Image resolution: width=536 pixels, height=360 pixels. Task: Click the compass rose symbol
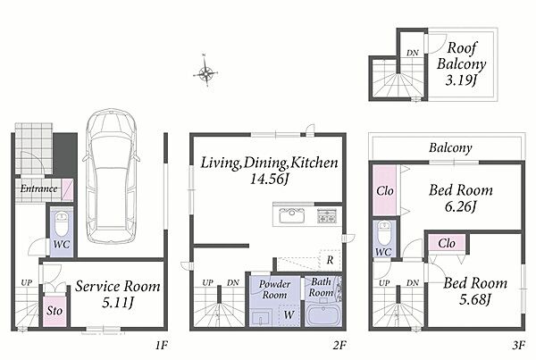pos(205,72)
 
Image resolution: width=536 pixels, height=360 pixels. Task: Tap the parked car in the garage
pos(111,176)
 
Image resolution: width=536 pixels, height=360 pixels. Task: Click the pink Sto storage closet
pos(54,311)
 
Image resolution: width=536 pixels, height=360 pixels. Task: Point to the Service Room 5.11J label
pos(118,294)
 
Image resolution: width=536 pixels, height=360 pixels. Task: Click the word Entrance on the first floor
pos(38,188)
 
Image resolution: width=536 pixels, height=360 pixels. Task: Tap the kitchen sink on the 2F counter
pos(291,215)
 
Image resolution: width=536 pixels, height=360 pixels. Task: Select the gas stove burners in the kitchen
pos(327,215)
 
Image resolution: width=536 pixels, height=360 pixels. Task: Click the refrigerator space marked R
pos(330,260)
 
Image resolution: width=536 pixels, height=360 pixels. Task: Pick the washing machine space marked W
pos(289,314)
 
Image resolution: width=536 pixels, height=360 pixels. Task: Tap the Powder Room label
pos(274,289)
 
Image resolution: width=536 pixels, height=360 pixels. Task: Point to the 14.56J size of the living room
pos(270,179)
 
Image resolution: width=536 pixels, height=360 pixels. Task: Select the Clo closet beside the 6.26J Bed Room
pos(384,190)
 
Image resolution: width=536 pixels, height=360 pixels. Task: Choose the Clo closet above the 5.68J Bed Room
pos(447,243)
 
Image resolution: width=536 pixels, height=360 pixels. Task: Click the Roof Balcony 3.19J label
pos(462,64)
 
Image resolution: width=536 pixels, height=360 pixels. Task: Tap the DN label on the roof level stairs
pos(413,53)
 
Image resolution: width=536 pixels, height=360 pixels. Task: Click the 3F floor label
pos(518,346)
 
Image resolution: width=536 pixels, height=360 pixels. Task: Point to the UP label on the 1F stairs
pos(26,283)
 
